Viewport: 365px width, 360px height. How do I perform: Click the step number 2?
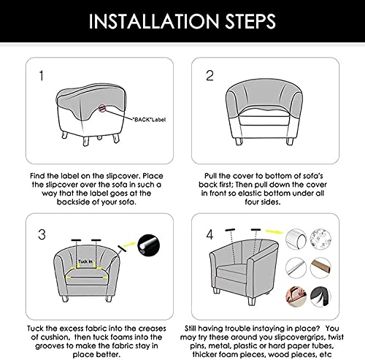(210, 74)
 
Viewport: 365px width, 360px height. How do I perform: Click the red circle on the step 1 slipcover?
(107, 108)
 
